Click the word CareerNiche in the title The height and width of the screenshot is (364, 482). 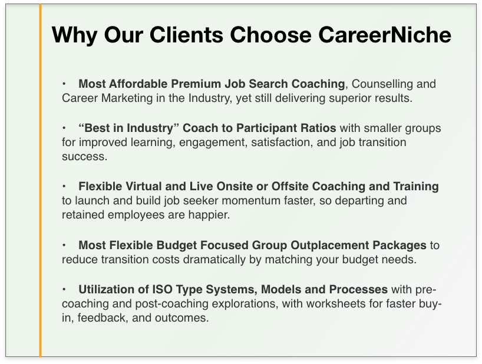tap(385, 34)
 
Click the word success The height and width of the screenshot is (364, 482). tap(84, 157)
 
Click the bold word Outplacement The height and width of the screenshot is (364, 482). tap(330, 245)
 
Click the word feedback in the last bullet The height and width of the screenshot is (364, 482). tap(103, 318)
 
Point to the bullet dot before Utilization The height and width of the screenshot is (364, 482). tap(64, 289)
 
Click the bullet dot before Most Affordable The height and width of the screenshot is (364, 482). tap(64, 83)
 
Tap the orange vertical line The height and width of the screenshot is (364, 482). tap(40, 181)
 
